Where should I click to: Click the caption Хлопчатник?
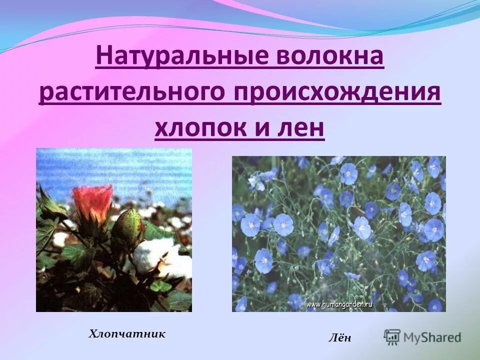tap(127, 333)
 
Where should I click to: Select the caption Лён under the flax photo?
tap(339, 338)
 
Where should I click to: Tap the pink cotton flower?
tap(92, 202)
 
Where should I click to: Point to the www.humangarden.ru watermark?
tap(339, 303)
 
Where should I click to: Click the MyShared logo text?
tap(432, 337)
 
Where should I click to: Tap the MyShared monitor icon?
tap(392, 336)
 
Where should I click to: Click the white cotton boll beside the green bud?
tap(152, 255)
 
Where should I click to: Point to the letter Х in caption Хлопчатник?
tap(92, 333)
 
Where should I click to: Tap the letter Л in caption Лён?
tap(332, 338)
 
